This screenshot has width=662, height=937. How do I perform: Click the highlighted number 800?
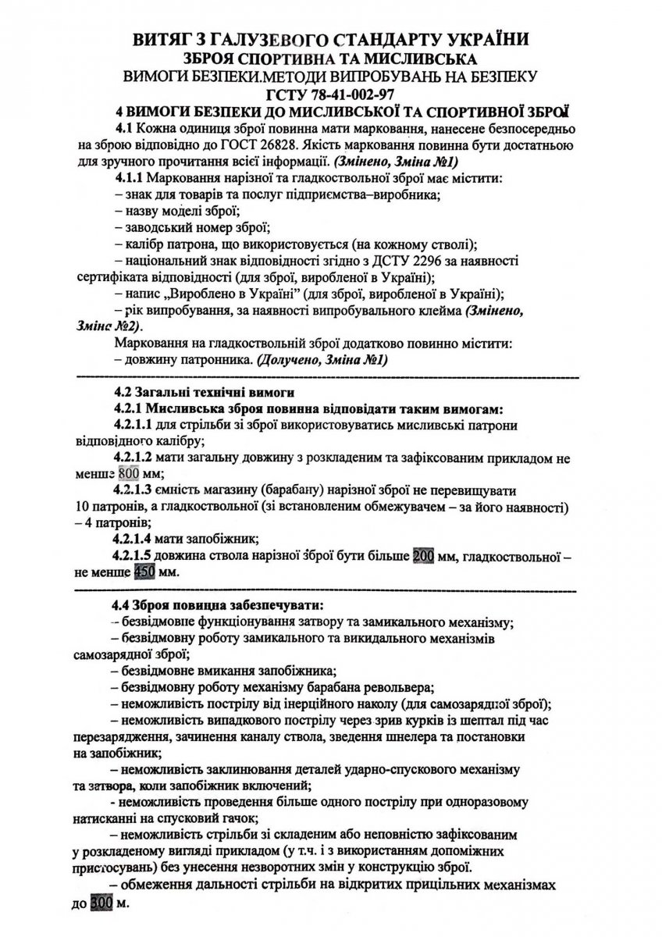click(x=130, y=475)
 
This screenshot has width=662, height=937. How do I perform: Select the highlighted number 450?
click(x=145, y=571)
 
